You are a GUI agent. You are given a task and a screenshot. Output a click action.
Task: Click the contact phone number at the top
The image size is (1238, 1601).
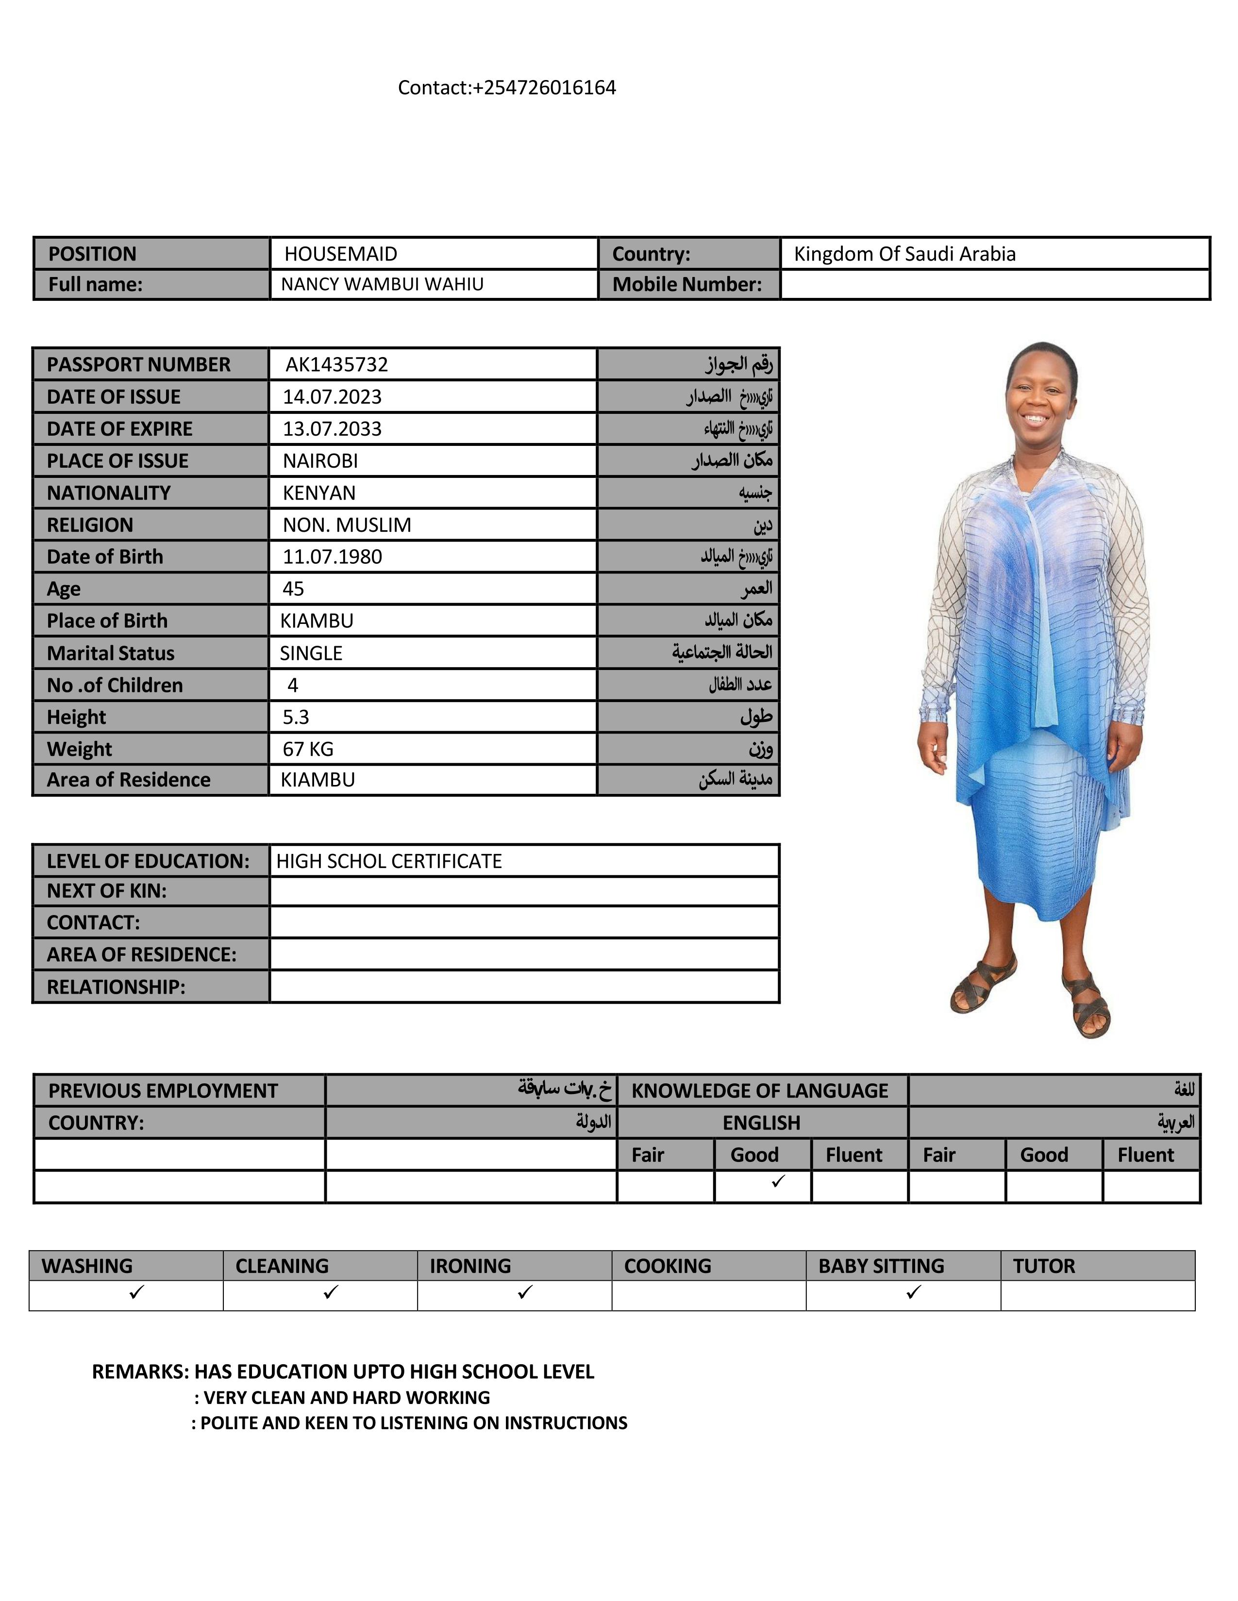[x=507, y=88]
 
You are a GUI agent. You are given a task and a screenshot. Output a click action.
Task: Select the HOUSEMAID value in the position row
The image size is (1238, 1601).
[x=341, y=254]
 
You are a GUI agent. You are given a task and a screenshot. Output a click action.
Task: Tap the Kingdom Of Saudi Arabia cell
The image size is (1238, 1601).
[x=904, y=254]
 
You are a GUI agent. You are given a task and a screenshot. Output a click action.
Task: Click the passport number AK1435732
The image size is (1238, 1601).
[x=336, y=364]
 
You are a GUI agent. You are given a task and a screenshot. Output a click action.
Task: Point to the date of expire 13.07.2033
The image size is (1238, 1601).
[x=332, y=429]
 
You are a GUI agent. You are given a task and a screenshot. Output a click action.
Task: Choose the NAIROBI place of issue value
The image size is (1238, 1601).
[x=320, y=461]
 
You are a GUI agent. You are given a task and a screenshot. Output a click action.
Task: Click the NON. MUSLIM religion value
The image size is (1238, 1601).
[x=347, y=525]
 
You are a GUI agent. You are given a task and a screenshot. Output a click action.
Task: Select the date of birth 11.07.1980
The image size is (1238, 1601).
[x=332, y=557]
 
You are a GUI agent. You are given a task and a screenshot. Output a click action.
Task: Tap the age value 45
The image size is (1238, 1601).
[x=293, y=588]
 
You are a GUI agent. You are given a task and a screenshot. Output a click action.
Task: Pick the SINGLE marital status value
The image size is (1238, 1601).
[x=311, y=653]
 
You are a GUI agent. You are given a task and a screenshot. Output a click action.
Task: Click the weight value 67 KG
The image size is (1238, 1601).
[x=308, y=749]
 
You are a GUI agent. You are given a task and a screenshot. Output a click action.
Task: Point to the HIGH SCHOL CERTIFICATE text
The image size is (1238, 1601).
[x=389, y=861]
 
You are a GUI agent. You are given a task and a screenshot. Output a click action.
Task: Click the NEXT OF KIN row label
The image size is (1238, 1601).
[x=107, y=891]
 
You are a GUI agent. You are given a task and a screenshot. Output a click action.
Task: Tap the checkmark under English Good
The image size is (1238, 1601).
[x=778, y=1181]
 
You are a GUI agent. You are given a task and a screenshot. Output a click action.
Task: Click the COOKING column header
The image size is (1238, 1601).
[x=668, y=1266]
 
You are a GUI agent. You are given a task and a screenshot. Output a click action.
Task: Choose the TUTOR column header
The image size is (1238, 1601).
[x=1044, y=1266]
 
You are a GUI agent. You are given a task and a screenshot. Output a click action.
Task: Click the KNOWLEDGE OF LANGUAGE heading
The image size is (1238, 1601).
[x=759, y=1091]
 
